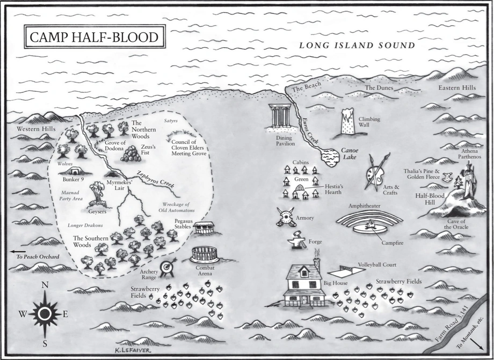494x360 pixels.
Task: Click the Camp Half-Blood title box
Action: (95, 38)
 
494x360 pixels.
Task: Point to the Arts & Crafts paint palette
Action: (375, 172)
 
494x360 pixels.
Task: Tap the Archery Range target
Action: (168, 266)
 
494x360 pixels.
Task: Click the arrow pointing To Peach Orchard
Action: (17, 251)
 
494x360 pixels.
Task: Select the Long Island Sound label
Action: (357, 46)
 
